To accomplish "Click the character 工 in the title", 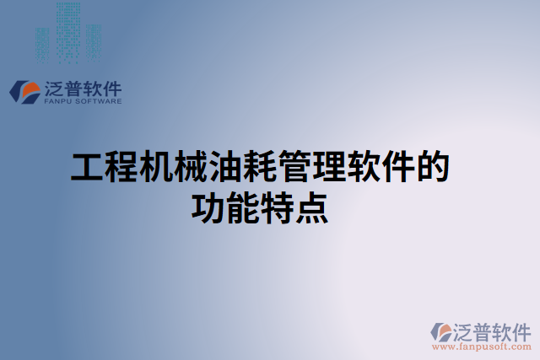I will pos(85,168).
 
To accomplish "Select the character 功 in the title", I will pos(208,207).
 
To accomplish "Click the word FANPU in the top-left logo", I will pos(58,101).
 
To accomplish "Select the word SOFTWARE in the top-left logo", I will pos(99,101).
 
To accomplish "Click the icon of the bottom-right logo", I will pos(442,330).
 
